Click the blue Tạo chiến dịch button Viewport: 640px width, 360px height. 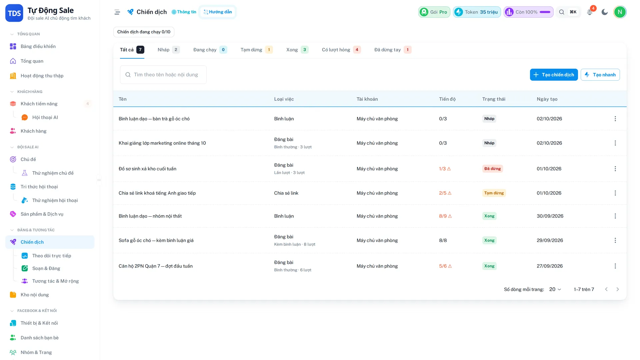[x=554, y=75]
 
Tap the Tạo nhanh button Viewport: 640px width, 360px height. [x=600, y=75]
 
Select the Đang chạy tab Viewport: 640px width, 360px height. [x=210, y=50]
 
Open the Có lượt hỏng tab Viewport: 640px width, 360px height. [x=341, y=50]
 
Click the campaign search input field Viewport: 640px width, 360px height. [x=163, y=75]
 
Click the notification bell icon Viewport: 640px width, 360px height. [x=590, y=12]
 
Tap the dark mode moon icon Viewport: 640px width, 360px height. [x=605, y=12]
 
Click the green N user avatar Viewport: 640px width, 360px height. [x=620, y=12]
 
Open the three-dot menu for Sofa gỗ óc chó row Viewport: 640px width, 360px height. [x=615, y=240]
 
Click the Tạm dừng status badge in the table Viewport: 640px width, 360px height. [x=494, y=193]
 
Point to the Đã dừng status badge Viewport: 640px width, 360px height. [x=493, y=169]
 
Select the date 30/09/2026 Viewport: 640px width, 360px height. [x=550, y=216]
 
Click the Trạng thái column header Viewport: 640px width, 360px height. [x=494, y=99]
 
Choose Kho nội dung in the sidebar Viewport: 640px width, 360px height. [x=35, y=295]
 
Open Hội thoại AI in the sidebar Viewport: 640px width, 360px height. [x=45, y=117]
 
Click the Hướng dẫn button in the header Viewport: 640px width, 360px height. [x=218, y=12]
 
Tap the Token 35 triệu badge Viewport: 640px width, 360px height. [x=477, y=12]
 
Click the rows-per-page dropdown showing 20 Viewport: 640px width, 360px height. [x=555, y=289]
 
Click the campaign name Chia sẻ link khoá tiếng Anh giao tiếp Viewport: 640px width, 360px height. [x=157, y=193]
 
